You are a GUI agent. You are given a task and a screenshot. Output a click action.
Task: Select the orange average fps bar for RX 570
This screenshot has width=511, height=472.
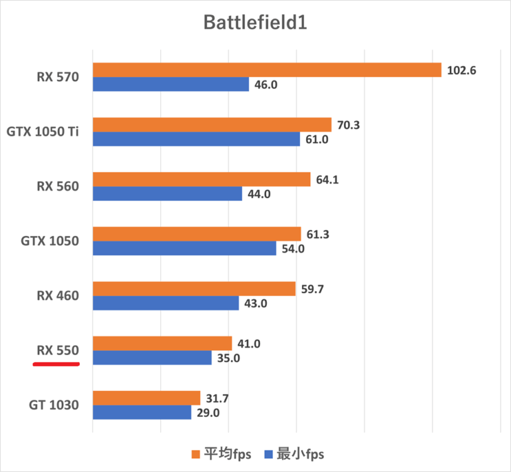click(267, 70)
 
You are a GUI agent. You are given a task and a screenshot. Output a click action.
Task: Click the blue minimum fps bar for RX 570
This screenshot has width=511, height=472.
click(171, 84)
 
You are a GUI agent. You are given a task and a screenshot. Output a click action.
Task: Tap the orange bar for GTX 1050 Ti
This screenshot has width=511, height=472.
click(212, 124)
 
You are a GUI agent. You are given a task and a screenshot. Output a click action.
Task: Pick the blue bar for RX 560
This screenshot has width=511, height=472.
click(167, 193)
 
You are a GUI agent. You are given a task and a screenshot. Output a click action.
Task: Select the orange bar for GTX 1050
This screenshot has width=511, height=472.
click(196, 233)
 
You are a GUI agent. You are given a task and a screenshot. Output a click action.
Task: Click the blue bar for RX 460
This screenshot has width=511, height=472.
click(166, 302)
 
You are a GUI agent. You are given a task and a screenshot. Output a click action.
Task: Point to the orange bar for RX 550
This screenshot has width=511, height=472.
click(162, 343)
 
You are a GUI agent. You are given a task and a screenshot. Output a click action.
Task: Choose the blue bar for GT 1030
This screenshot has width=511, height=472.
click(142, 412)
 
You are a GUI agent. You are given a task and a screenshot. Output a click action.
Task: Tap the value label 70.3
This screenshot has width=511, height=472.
click(349, 124)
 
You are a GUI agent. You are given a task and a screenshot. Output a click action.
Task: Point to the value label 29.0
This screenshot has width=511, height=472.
click(208, 412)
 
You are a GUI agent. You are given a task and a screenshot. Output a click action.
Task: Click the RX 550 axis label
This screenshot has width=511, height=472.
click(58, 350)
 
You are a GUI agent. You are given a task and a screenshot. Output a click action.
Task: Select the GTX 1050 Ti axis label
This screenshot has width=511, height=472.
click(43, 132)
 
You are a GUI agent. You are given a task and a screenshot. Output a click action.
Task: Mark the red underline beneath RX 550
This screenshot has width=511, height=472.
click(57, 364)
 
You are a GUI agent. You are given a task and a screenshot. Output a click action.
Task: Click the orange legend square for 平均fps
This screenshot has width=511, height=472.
click(196, 454)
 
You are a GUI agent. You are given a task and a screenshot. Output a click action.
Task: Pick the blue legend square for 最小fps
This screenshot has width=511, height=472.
click(269, 454)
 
